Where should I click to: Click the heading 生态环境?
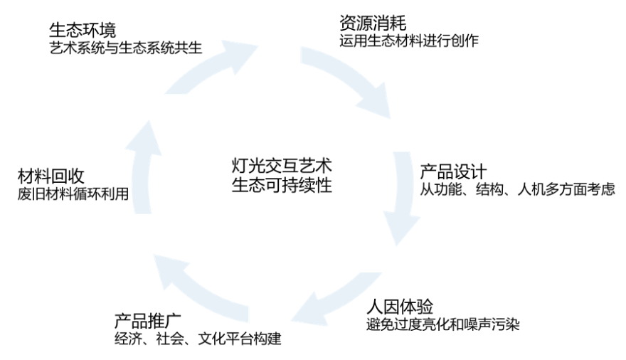82,31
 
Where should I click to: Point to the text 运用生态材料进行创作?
409,41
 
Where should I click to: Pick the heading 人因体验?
400,307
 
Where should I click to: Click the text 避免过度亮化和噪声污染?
442,325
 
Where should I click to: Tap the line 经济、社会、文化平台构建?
198,338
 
